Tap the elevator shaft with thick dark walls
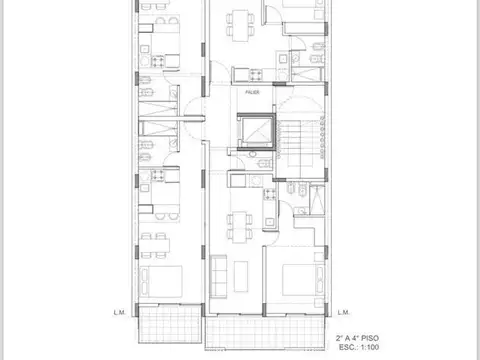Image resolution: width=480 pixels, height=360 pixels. (254, 130)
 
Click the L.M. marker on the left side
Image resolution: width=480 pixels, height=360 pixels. (118, 311)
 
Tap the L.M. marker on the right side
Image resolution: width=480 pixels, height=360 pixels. (343, 311)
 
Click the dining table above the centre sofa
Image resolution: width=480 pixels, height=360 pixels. (240, 227)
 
